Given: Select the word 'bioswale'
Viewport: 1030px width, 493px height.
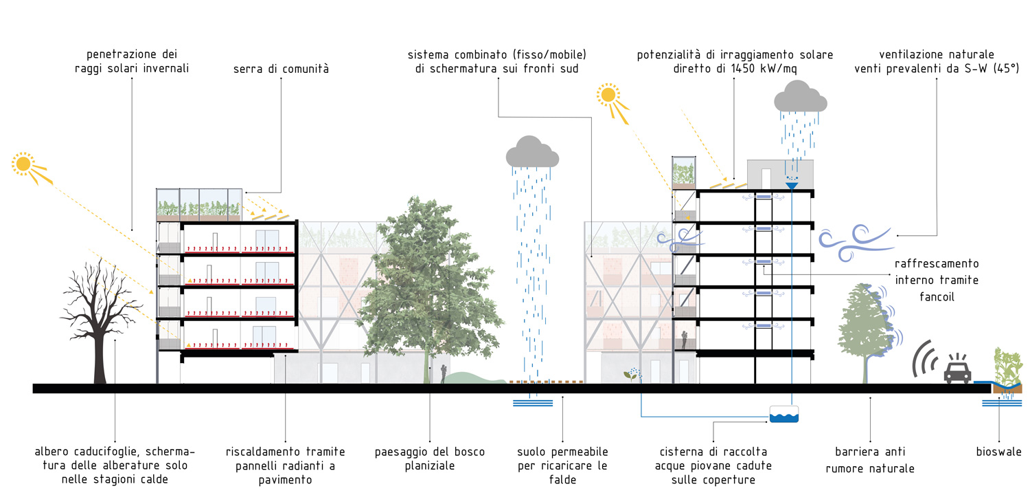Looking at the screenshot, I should pyautogui.click(x=998, y=452).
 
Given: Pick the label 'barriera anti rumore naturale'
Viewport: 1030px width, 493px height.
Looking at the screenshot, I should pyautogui.click(x=869, y=460).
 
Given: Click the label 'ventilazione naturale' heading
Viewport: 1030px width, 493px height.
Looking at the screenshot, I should pyautogui.click(x=935, y=54).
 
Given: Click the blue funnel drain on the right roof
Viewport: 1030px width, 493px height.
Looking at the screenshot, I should pyautogui.click(x=791, y=185).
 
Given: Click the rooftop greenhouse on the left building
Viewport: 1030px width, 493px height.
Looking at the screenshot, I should pyautogui.click(x=199, y=204).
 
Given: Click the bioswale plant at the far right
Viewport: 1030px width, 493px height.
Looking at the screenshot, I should pyautogui.click(x=1007, y=364).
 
